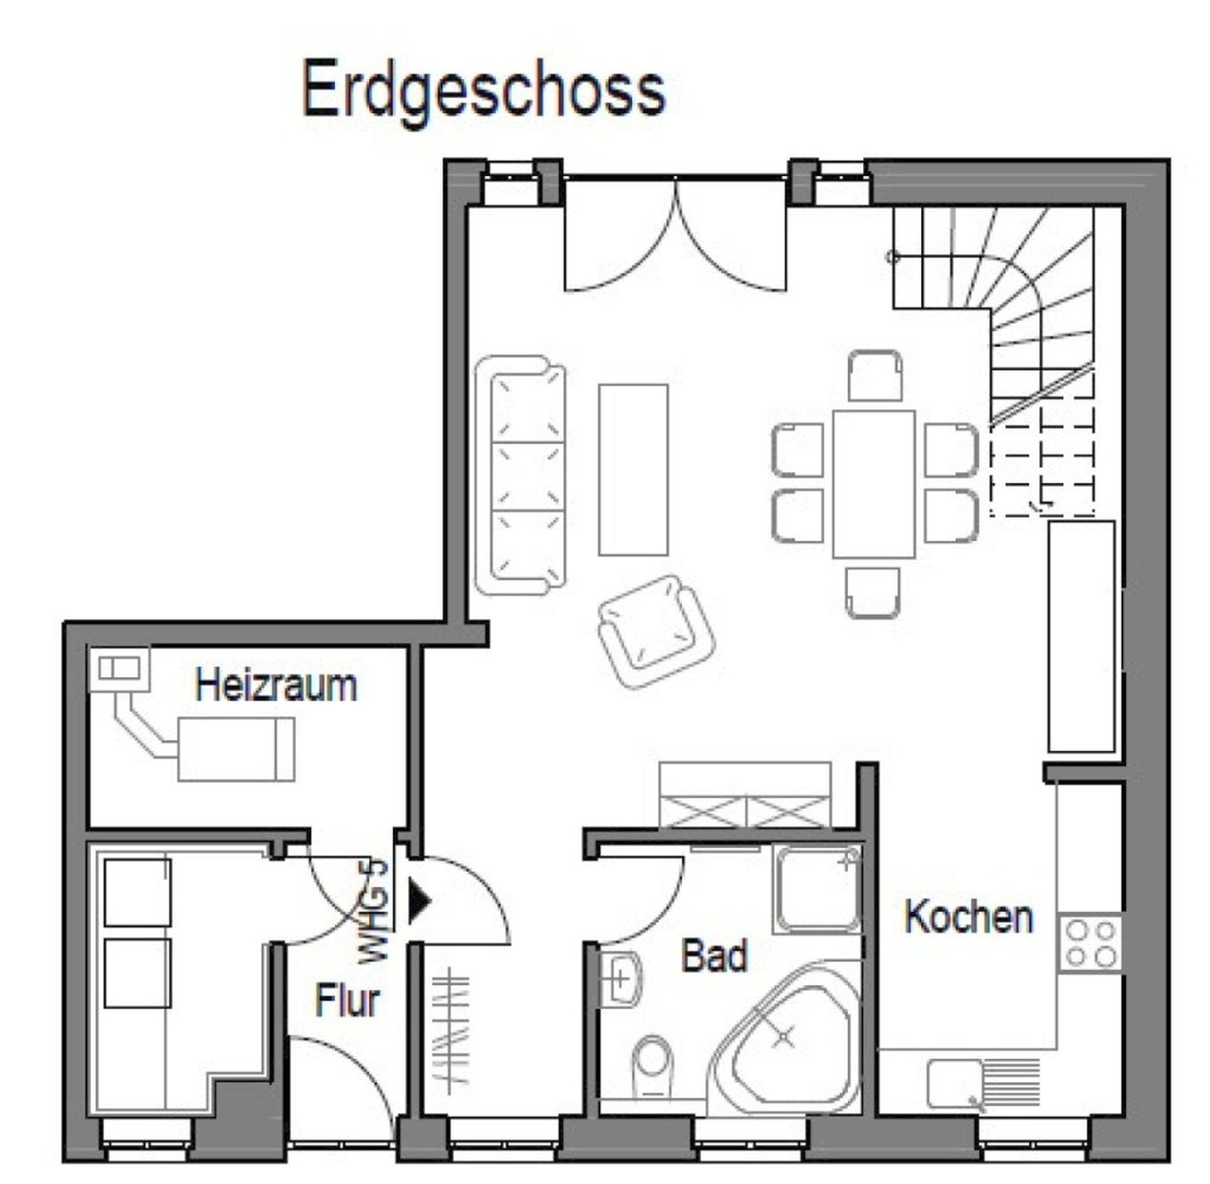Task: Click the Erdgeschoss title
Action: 484,91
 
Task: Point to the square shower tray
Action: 817,889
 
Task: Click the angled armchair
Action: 656,632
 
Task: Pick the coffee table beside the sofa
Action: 633,470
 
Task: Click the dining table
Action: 874,484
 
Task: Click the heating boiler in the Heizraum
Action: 236,749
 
